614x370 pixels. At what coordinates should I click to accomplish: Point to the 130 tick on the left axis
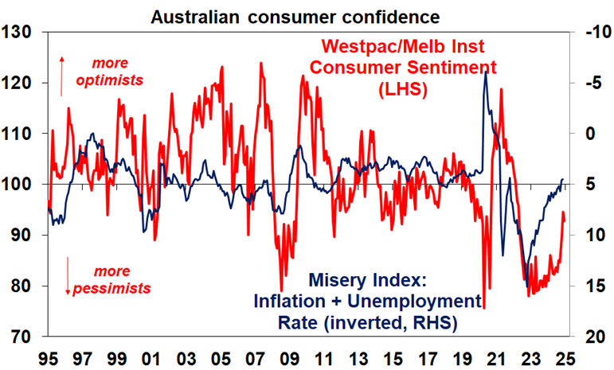click(x=20, y=33)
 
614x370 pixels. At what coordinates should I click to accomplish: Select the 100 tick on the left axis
click(x=20, y=185)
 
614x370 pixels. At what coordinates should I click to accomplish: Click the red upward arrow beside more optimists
click(x=62, y=76)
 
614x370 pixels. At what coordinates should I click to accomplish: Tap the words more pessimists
click(x=111, y=278)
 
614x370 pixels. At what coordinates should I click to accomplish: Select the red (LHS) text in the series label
click(x=402, y=90)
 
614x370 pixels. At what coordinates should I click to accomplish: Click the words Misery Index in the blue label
click(x=368, y=281)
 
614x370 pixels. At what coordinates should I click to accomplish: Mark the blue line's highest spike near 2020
click(x=486, y=72)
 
